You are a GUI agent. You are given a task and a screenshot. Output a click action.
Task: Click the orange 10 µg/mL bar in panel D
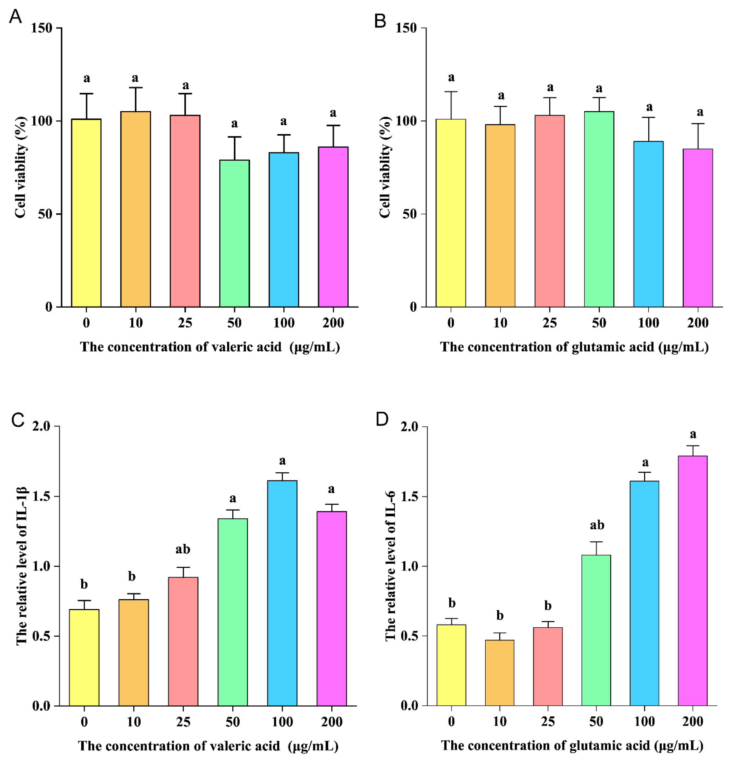[499, 673]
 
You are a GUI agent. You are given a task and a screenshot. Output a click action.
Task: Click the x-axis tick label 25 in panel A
[185, 323]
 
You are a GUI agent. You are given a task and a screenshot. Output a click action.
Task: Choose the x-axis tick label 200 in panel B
[698, 323]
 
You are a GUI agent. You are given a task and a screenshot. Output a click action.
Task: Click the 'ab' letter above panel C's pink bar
[183, 549]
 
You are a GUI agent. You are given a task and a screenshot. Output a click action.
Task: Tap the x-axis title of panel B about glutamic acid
[574, 347]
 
